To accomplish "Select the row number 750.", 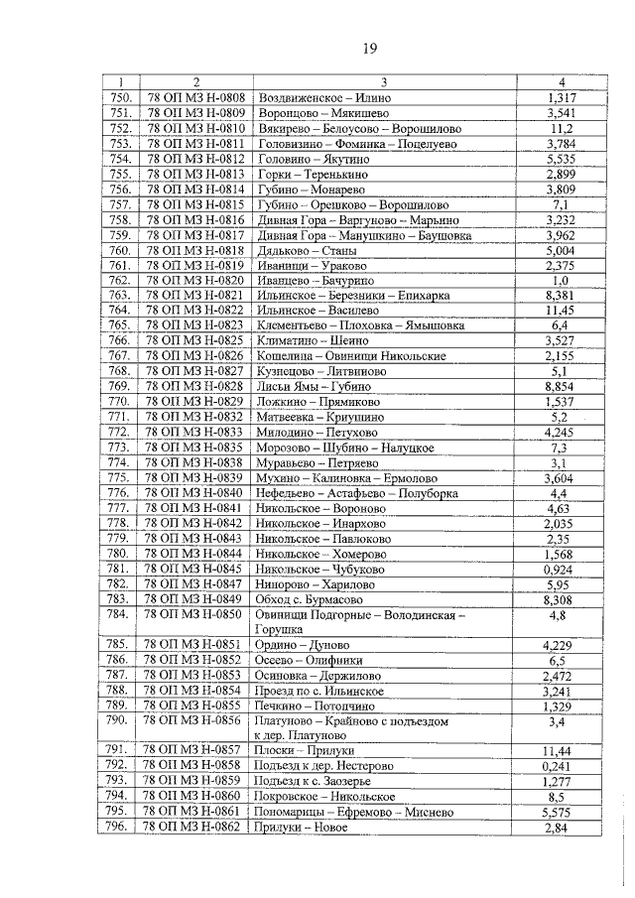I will [x=121, y=99].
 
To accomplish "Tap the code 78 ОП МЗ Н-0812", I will [x=195, y=159].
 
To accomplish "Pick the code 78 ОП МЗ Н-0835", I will [x=195, y=447].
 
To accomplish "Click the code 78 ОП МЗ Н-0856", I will [x=195, y=719].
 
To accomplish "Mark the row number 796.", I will [x=121, y=827].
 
